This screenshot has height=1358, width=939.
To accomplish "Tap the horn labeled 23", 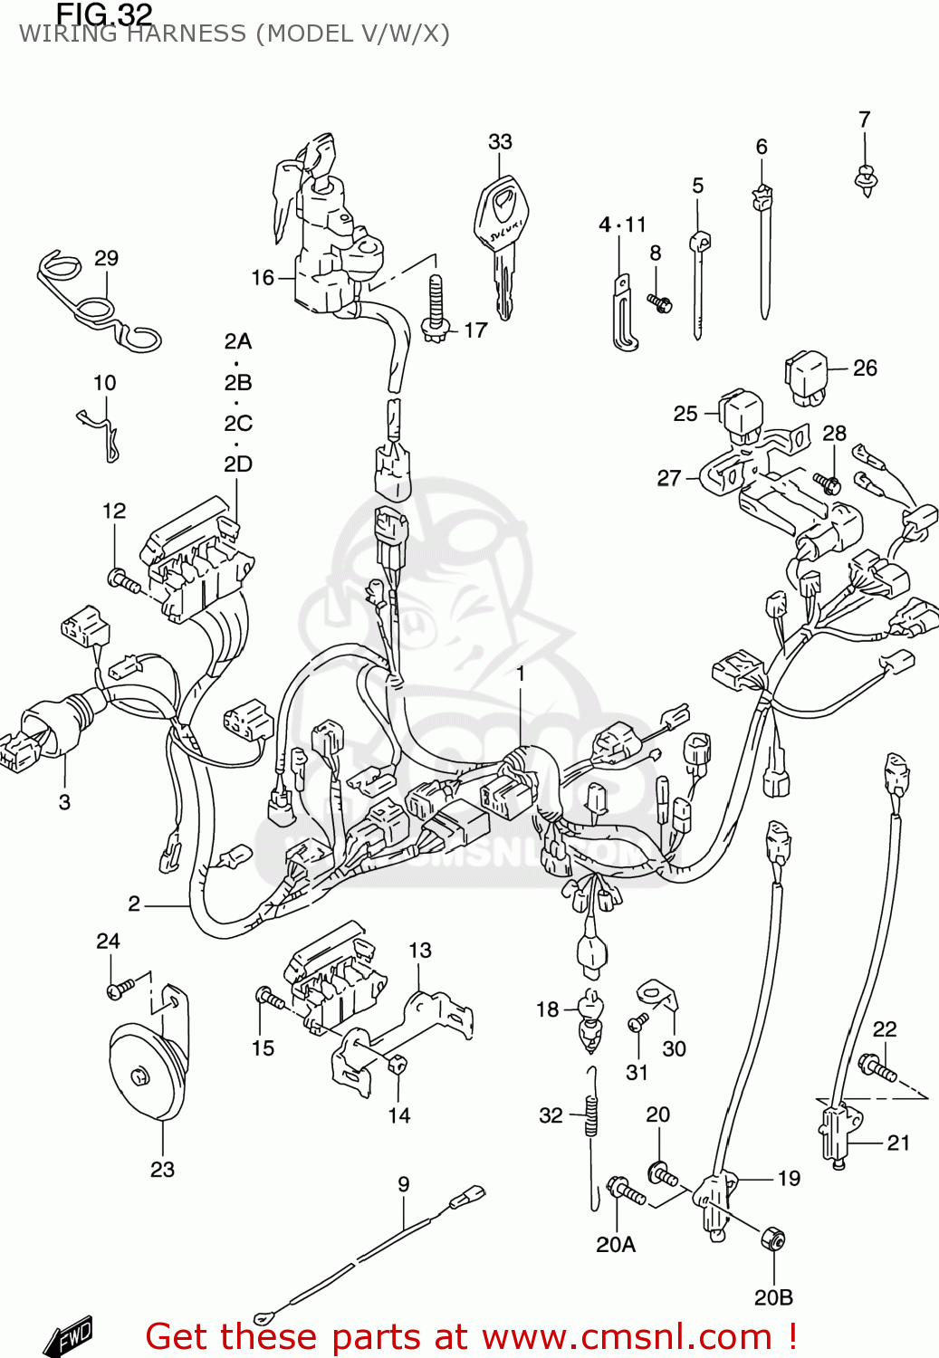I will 145,1073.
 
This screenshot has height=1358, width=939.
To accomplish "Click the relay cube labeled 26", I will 806,376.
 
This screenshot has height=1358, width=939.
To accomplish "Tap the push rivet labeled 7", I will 867,178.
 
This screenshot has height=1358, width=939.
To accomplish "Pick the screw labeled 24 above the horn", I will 119,988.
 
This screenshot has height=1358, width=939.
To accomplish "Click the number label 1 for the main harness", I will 521,674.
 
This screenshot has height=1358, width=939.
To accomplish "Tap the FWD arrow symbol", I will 70,1335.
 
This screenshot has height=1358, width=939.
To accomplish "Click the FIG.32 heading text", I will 103,14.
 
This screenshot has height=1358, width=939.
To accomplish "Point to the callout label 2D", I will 238,464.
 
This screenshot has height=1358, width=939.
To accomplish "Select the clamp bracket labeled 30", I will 659,996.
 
